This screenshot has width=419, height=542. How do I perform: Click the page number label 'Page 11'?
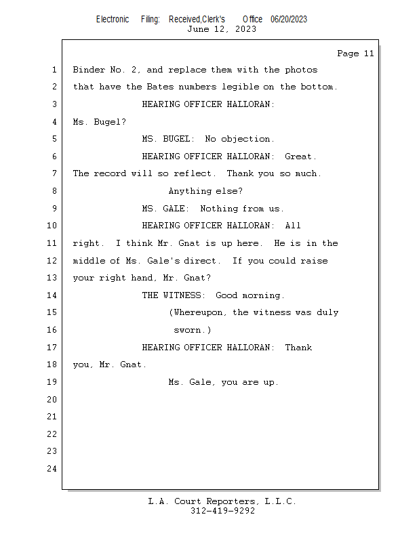pyautogui.click(x=355, y=54)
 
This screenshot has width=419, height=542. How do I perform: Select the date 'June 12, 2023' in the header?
pyautogui.click(x=222, y=29)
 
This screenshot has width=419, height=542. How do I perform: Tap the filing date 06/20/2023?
pyautogui.click(x=289, y=20)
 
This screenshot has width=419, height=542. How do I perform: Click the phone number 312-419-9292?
pyautogui.click(x=223, y=511)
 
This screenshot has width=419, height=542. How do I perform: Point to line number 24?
pyautogui.click(x=52, y=469)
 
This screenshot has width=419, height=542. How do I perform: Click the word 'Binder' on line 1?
pyautogui.click(x=89, y=70)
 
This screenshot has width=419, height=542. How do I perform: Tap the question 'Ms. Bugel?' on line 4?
pyautogui.click(x=100, y=122)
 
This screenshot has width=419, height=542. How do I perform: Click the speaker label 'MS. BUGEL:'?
pyautogui.click(x=168, y=139)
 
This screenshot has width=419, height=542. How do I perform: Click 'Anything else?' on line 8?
pyautogui.click(x=205, y=192)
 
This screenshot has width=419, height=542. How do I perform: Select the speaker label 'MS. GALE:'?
pyautogui.click(x=165, y=209)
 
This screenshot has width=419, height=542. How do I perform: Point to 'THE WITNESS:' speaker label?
pyautogui.click(x=174, y=295)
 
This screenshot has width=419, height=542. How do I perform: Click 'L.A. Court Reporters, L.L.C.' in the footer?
pyautogui.click(x=222, y=501)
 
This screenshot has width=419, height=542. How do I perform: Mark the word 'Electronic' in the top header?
pyautogui.click(x=113, y=20)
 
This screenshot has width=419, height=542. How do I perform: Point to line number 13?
pyautogui.click(x=52, y=278)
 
